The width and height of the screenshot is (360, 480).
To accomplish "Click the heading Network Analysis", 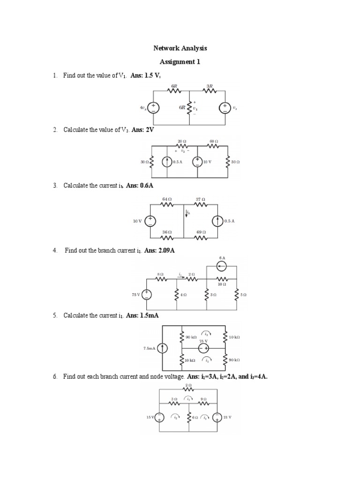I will click(x=180, y=48).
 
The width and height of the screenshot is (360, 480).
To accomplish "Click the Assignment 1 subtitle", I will click(x=180, y=61).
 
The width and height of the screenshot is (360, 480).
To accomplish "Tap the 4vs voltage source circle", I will click(x=153, y=108).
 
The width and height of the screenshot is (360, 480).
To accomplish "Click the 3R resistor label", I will click(x=210, y=86).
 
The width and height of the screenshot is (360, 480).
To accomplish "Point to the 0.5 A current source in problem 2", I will click(x=167, y=162).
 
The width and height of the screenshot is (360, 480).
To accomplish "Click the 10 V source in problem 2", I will click(x=198, y=162).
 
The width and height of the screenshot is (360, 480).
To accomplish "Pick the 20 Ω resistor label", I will click(x=182, y=141).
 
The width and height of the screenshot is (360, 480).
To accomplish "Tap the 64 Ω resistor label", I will click(x=167, y=199).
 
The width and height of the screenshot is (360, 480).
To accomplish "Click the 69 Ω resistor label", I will click(x=201, y=232).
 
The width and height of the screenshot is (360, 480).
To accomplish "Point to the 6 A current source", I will click(x=222, y=266).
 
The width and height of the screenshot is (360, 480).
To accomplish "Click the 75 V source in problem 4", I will click(x=147, y=294).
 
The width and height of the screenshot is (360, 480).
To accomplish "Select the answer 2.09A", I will click(x=166, y=251).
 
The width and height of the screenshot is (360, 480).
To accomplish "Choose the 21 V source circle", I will click(x=217, y=417).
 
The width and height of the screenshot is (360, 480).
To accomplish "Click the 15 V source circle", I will click(x=159, y=417).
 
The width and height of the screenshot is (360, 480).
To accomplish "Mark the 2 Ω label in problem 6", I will click(x=188, y=384).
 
